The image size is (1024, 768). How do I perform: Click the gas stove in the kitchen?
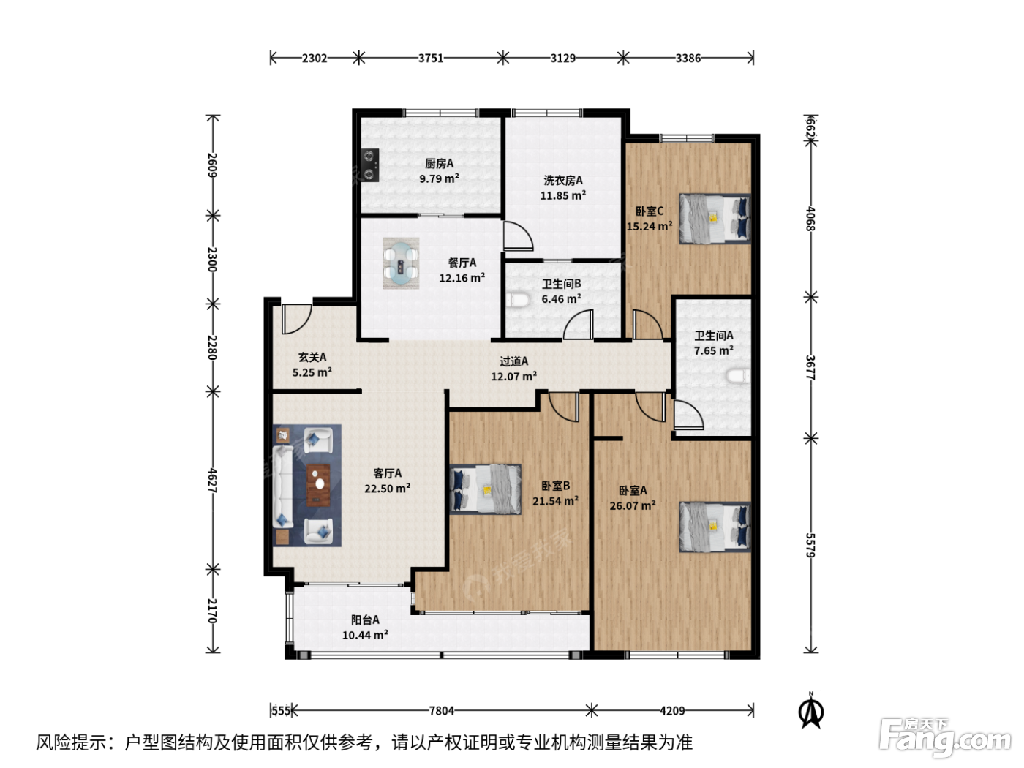click(x=370, y=165)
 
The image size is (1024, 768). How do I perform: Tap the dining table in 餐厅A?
click(x=401, y=263)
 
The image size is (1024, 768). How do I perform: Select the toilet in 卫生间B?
click(x=517, y=300)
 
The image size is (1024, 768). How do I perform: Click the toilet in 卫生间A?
click(x=739, y=376)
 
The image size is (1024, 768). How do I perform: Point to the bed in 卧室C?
click(x=715, y=219)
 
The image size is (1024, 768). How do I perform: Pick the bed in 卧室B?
click(x=485, y=489)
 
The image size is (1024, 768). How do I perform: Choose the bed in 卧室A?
click(x=715, y=527)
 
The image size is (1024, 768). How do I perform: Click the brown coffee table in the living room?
click(x=319, y=486)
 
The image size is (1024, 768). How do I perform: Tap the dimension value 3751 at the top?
click(x=431, y=59)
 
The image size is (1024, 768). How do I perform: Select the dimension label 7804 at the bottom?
click(x=441, y=711)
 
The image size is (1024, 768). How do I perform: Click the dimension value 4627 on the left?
click(x=213, y=481)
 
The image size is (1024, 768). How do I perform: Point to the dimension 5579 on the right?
click(x=811, y=545)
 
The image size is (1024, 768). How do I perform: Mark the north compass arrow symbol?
click(x=811, y=711)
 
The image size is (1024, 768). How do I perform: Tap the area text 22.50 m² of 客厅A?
click(x=387, y=488)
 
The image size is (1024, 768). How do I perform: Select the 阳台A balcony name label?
click(x=365, y=620)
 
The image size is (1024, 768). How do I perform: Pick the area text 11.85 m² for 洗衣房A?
click(x=563, y=195)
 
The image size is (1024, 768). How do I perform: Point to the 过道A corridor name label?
click(x=514, y=361)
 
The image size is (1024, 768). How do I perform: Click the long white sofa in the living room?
click(x=283, y=486)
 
